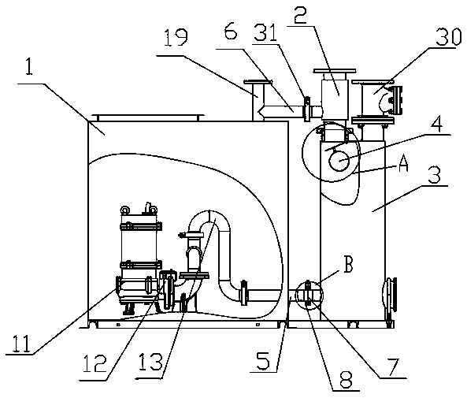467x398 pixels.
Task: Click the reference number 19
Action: (x=176, y=37)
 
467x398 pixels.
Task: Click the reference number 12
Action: (x=95, y=363)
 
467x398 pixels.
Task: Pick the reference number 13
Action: (x=151, y=362)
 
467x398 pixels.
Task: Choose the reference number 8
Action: (x=346, y=379)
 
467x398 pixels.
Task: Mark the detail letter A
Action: (x=403, y=164)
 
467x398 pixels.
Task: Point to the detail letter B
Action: (x=348, y=264)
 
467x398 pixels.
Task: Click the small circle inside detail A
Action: (x=339, y=161)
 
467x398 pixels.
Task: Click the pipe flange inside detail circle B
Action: (x=308, y=292)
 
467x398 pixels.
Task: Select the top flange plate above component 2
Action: (x=335, y=71)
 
